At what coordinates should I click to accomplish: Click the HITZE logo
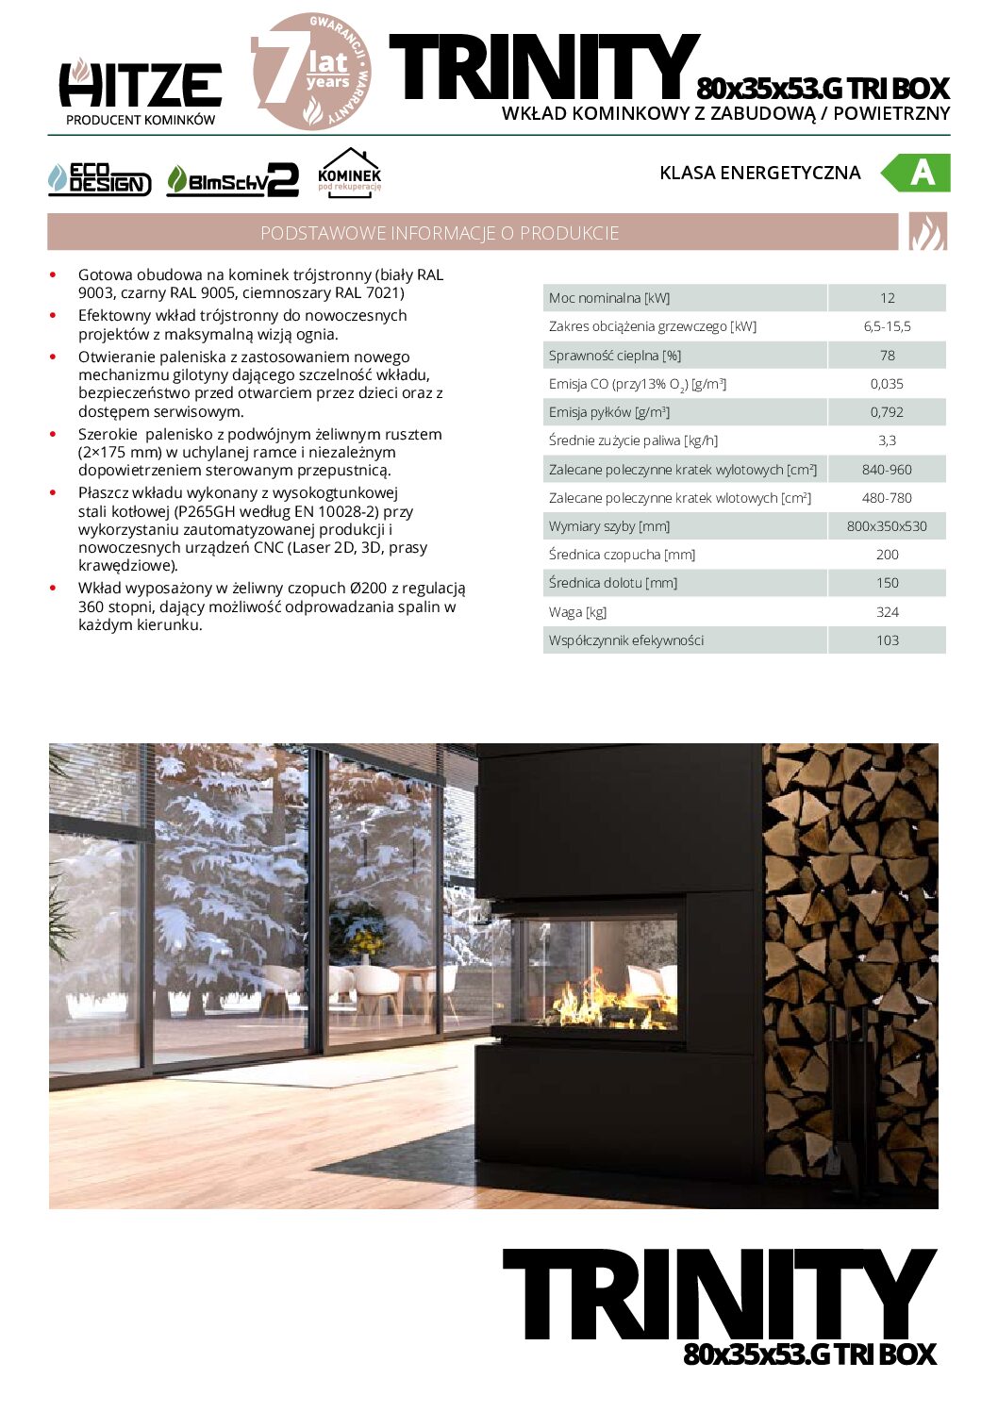point(141,86)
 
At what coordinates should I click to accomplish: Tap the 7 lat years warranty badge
point(312,73)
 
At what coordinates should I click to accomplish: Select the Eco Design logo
point(99,179)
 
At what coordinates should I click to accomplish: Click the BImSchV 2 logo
point(232,180)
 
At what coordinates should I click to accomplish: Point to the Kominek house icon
point(349,173)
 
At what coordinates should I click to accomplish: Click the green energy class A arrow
point(916,173)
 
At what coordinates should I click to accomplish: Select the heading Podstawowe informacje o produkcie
point(440,233)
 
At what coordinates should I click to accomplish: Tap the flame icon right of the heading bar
point(927,232)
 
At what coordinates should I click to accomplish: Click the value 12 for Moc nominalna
point(887,298)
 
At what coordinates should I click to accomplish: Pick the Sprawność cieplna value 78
point(887,356)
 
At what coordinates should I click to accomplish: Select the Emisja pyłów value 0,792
point(887,412)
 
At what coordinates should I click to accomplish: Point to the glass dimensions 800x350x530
point(887,526)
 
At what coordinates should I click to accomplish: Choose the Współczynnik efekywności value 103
point(887,640)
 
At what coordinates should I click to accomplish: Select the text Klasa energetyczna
point(759,173)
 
